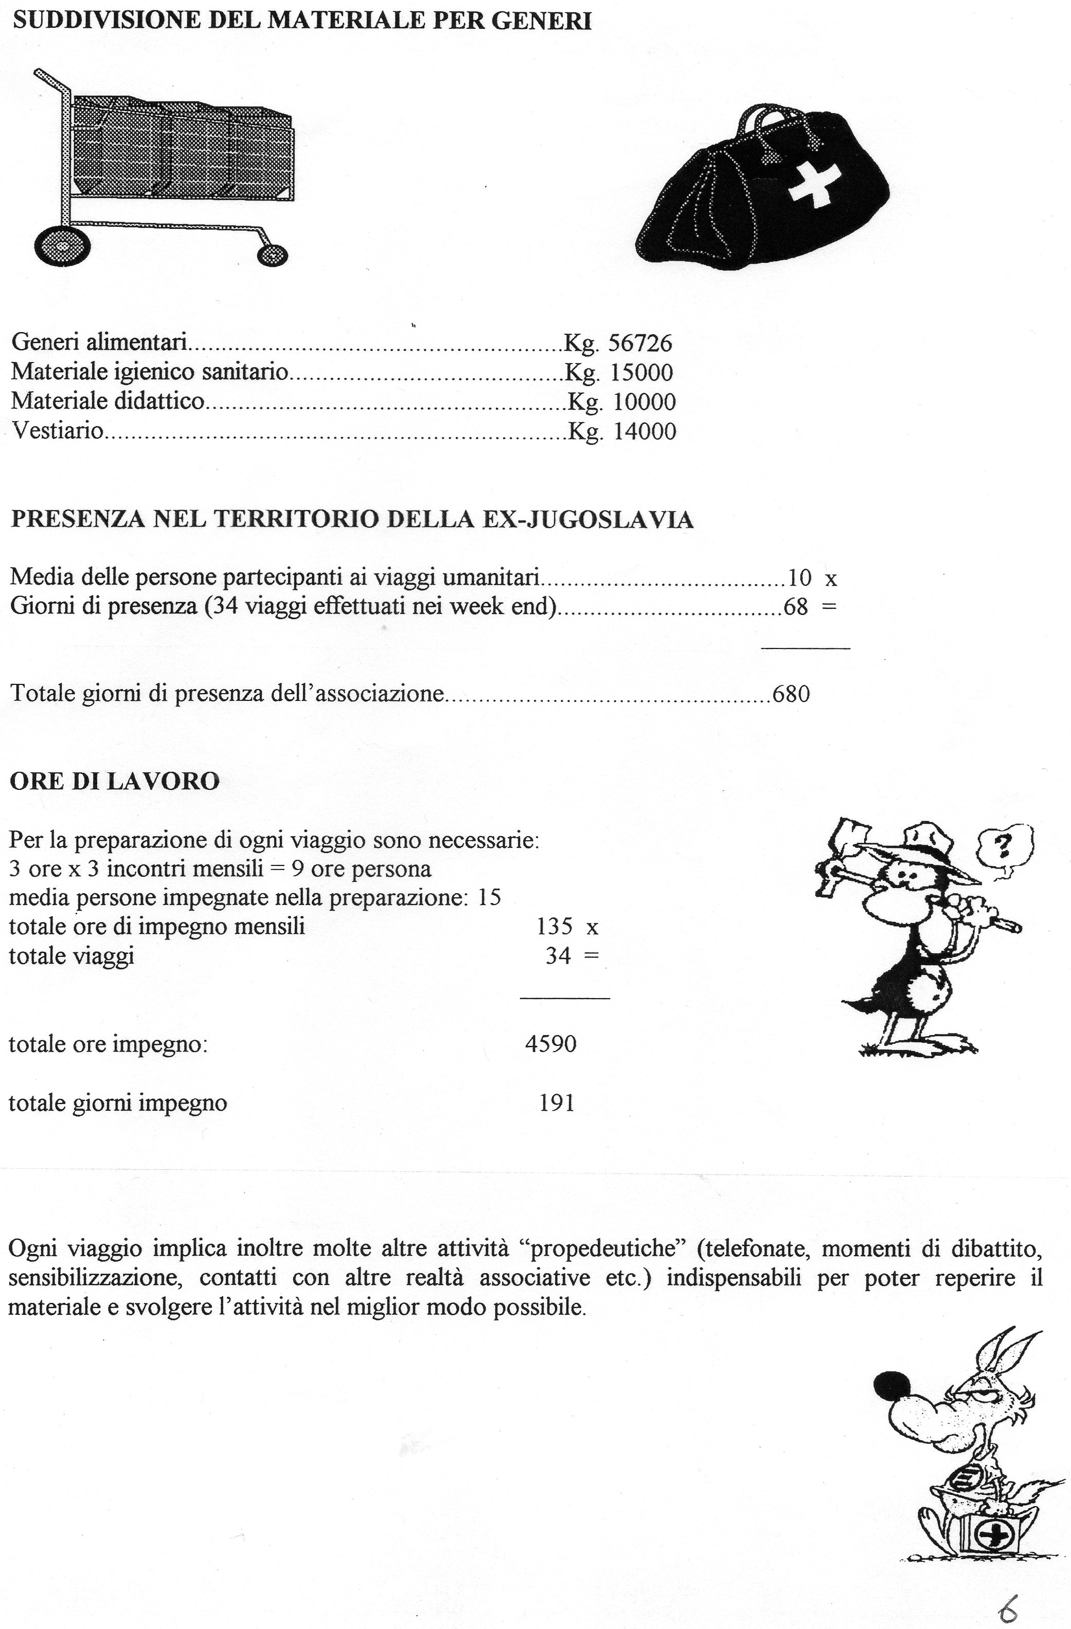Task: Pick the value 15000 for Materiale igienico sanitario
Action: (641, 372)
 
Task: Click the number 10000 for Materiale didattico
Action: (644, 402)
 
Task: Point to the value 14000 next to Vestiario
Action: (644, 431)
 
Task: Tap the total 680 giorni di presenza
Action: (791, 694)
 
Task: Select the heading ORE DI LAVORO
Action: (114, 782)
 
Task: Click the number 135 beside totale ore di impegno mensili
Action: (555, 926)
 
